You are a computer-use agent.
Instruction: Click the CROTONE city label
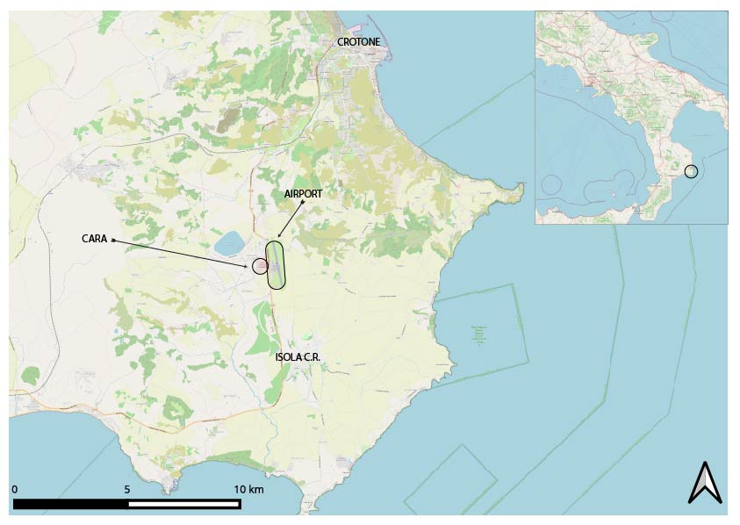(359, 42)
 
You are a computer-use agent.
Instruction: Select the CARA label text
(94, 238)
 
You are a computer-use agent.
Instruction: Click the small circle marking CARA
(259, 265)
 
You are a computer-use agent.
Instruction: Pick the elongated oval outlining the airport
(277, 264)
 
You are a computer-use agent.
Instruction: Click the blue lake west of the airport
(230, 241)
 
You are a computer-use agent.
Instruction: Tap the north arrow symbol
(704, 482)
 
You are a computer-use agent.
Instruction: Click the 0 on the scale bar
(15, 489)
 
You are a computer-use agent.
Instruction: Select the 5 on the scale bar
(127, 489)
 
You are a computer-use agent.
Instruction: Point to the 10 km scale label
(248, 489)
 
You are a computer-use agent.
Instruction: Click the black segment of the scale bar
(70, 504)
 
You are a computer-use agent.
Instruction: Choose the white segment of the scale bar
(183, 504)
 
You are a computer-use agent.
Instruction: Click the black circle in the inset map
(691, 171)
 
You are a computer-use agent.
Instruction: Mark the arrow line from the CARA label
(180, 252)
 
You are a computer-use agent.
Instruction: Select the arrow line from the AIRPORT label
(291, 219)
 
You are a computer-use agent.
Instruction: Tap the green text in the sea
(478, 334)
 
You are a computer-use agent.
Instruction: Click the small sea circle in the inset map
(552, 185)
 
